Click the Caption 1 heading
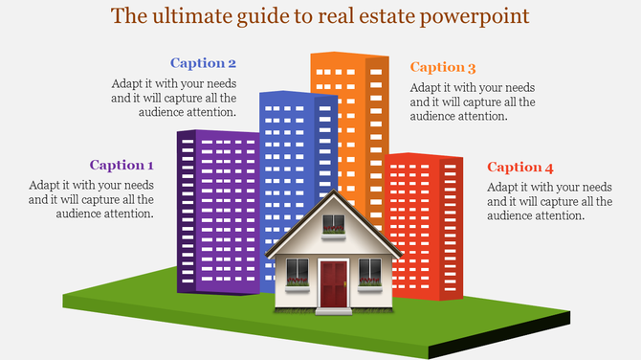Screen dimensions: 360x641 (122, 165)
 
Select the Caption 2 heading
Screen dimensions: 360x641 (203, 63)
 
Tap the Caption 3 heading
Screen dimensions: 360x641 (443, 67)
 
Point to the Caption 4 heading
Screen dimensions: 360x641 (520, 167)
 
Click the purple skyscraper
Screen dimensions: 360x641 (215, 211)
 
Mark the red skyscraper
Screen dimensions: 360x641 (426, 220)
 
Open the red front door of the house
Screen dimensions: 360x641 (333, 284)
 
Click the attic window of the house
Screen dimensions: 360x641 (333, 226)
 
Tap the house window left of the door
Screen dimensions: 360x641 (298, 271)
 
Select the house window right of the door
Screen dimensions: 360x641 (369, 271)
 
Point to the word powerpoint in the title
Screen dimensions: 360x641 (475, 17)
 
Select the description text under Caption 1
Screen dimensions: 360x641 (91, 199)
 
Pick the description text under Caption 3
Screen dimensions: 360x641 (473, 101)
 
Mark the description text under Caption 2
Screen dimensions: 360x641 (173, 98)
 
